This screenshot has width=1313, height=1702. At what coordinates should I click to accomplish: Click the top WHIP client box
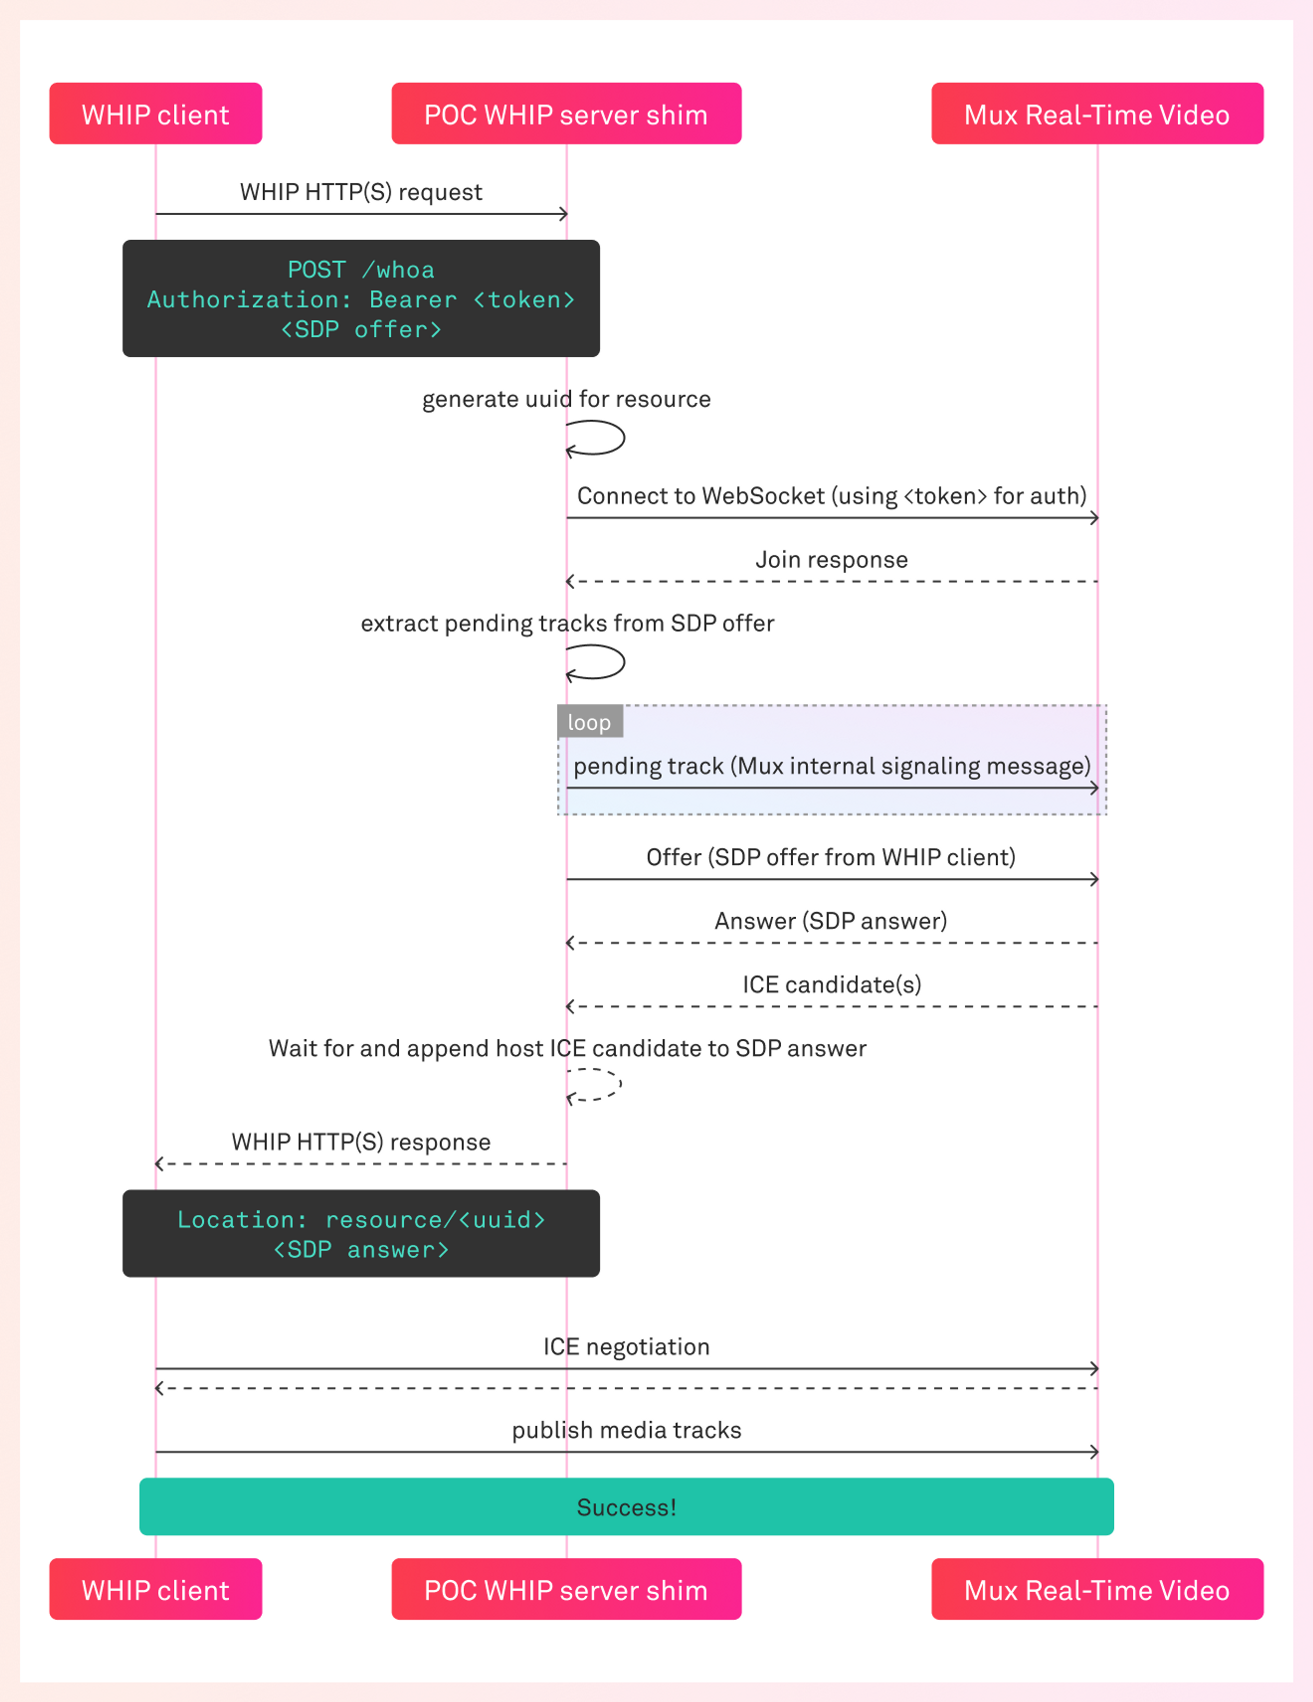coord(155,114)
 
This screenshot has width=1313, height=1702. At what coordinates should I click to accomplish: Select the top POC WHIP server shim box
coord(566,114)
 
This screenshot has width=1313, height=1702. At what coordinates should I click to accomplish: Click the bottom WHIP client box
coord(155,1590)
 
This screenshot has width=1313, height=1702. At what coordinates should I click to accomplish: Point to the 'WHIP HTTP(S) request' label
coord(361,192)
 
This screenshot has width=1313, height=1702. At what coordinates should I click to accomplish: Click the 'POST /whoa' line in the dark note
coord(361,270)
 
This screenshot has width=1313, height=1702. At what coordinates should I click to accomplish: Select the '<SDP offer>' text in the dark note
coord(361,330)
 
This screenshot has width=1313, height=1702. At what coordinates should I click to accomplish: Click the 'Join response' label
coord(831,559)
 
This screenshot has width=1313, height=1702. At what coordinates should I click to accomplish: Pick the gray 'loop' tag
coord(589,722)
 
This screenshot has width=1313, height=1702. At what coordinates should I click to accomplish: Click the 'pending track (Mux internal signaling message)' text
coord(831,766)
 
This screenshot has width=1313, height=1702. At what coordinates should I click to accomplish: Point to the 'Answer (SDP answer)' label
coord(831,920)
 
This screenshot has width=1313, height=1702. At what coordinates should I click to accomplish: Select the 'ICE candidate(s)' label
coord(831,984)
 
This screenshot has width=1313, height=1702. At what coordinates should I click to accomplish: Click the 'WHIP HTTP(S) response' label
coord(361,1142)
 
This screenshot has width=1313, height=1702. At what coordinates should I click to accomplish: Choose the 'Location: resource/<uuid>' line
coord(361,1220)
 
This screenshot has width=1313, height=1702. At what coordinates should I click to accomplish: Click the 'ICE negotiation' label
coord(626,1347)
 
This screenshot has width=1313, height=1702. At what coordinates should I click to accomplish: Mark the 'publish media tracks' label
coord(626,1430)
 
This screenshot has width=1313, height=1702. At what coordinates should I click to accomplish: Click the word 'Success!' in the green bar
coord(626,1507)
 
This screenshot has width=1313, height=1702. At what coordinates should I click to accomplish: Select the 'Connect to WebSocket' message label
coord(831,496)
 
